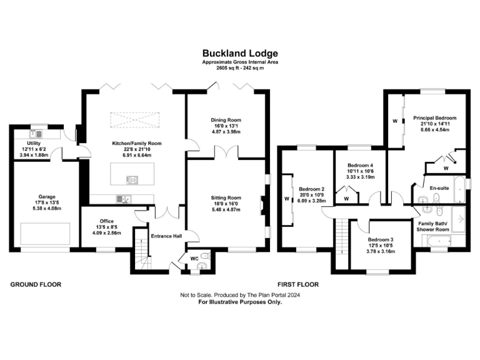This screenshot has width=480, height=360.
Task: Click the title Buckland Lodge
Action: (240, 54)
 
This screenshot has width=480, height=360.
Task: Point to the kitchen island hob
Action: (133, 181)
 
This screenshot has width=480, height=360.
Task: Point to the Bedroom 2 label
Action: (311, 189)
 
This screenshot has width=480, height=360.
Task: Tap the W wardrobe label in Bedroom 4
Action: (346, 198)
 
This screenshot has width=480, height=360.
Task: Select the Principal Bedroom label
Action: (434, 118)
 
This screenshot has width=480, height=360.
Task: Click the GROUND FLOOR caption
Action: (36, 284)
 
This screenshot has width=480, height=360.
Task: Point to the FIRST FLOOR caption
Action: (298, 284)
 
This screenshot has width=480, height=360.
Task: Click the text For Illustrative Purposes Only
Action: (240, 302)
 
